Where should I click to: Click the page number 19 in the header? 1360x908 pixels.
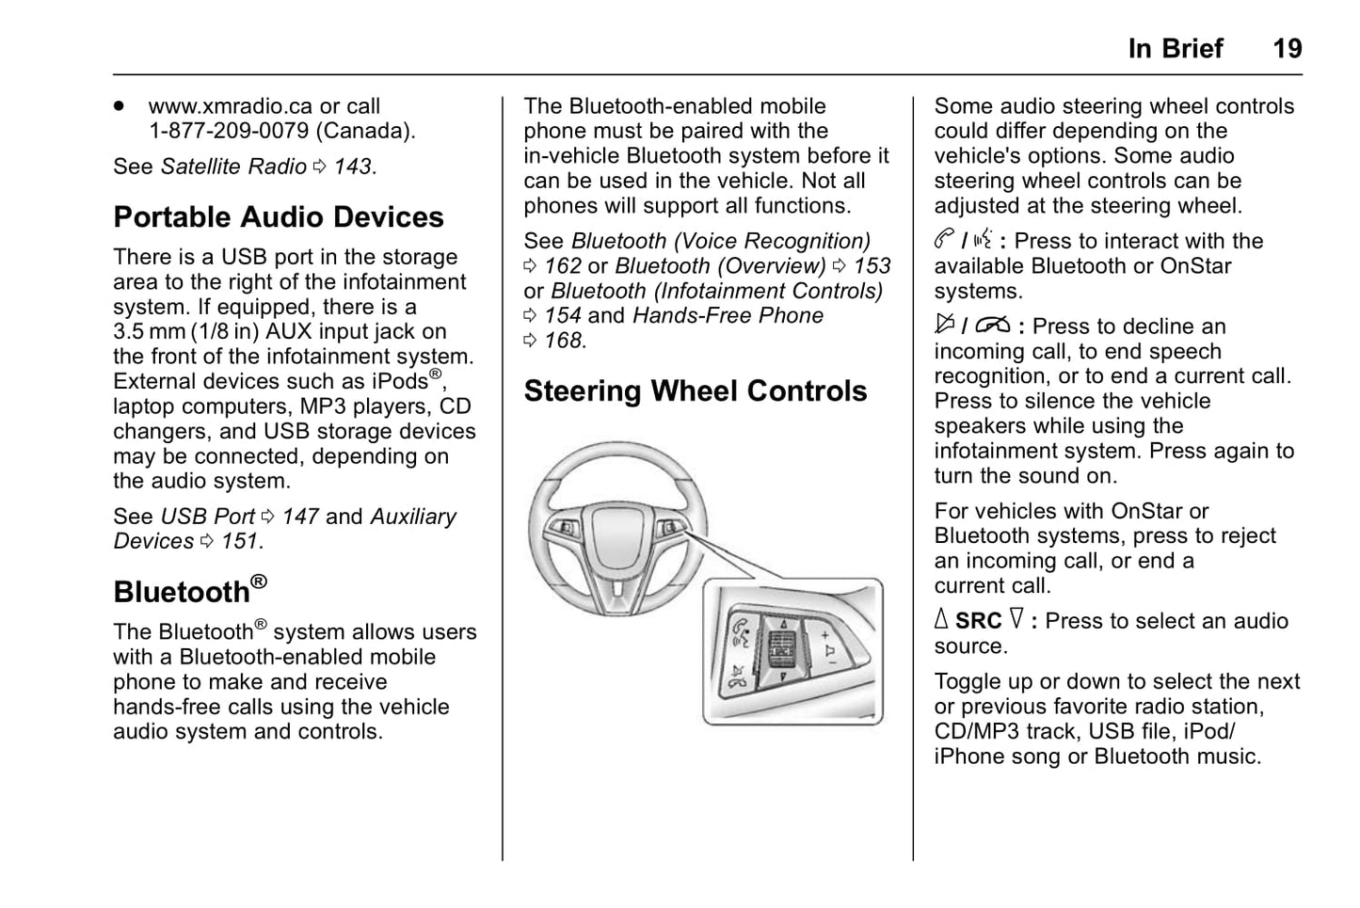tap(1287, 48)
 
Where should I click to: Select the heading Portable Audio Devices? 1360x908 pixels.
tap(278, 217)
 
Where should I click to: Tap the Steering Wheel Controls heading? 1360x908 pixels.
tap(695, 390)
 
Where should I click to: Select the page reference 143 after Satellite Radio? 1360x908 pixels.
tap(353, 167)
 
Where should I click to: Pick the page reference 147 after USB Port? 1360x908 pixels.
tap(300, 517)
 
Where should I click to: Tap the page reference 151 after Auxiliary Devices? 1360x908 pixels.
tap(239, 541)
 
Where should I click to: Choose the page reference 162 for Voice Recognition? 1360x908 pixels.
tap(562, 266)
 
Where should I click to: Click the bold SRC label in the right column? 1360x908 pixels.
tap(978, 621)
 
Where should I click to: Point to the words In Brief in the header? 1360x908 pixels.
tap(1175, 48)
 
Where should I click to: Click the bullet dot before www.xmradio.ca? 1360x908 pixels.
tap(120, 106)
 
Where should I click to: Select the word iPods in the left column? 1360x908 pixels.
tap(400, 382)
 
